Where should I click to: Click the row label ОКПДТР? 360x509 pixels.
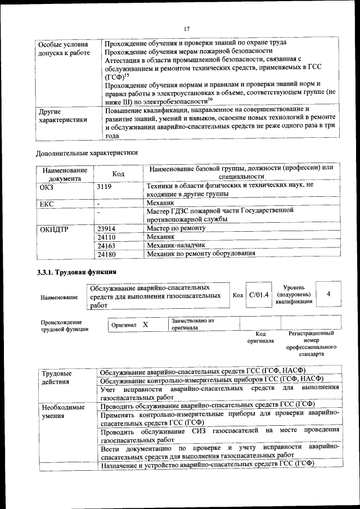click(x=55, y=229)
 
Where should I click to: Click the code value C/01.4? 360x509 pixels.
click(x=259, y=295)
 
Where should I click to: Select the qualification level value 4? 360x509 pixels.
click(x=328, y=294)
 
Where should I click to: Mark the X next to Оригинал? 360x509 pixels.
click(x=145, y=325)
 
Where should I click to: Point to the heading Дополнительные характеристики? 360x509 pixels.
click(x=87, y=152)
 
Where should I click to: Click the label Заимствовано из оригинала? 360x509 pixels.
click(x=193, y=324)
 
